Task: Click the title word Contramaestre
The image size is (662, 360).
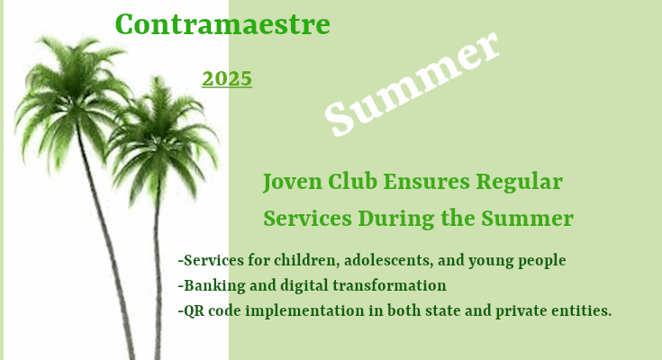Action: point(222,25)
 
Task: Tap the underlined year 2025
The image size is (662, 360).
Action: point(227,79)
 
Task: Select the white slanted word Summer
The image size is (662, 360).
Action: point(412,85)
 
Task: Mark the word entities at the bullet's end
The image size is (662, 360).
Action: point(584,310)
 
